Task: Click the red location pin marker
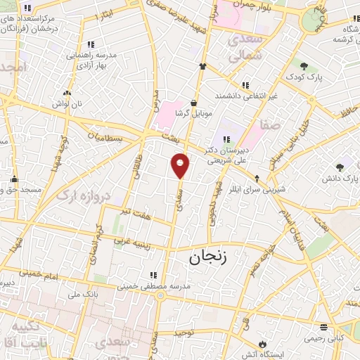coord(181,165)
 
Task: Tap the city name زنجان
coord(208,257)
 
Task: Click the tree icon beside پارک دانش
coord(340,167)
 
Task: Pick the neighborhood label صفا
coord(271,124)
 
